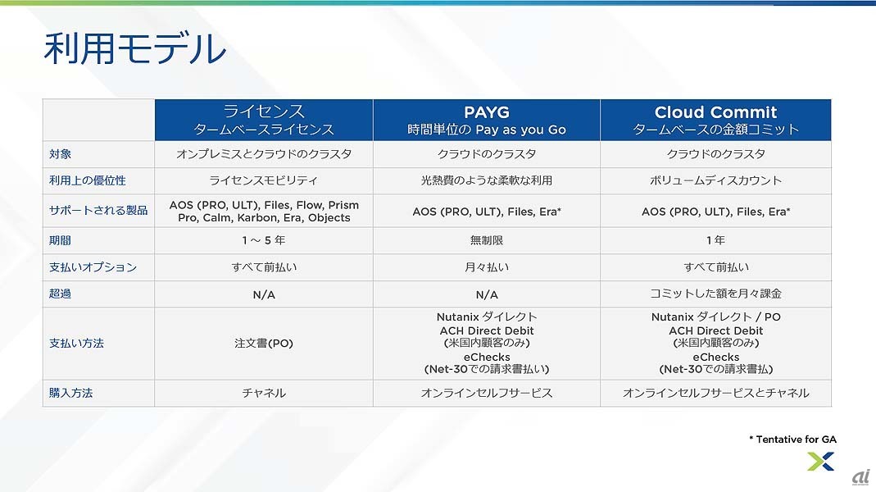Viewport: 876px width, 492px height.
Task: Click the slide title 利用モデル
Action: pos(134,48)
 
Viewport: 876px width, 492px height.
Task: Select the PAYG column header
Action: pos(487,121)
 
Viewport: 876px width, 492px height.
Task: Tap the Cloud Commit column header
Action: pos(715,121)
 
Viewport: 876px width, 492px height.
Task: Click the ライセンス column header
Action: pos(264,121)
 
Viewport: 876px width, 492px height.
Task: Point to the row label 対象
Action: pos(61,154)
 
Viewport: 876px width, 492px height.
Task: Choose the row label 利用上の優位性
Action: pos(88,180)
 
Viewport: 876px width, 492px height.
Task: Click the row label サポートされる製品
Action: pos(98,211)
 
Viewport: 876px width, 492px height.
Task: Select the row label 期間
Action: pos(61,240)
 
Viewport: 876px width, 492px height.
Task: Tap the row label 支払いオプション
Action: pos(93,267)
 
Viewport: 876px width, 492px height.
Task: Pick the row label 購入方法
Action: pos(71,393)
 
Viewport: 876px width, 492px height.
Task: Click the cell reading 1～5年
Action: pos(264,240)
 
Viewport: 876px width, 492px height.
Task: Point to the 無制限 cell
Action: pos(487,240)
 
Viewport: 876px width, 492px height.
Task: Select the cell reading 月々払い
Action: pos(487,267)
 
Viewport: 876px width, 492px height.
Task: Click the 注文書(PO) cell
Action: pos(264,344)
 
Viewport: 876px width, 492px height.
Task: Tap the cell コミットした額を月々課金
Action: pos(715,294)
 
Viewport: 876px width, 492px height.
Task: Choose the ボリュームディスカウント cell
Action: pos(715,180)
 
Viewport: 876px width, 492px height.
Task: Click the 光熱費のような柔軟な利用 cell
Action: pos(487,180)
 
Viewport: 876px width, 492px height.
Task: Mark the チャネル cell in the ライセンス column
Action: pos(264,393)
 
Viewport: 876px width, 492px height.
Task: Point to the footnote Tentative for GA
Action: pos(792,440)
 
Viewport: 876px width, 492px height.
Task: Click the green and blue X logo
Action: pos(821,462)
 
